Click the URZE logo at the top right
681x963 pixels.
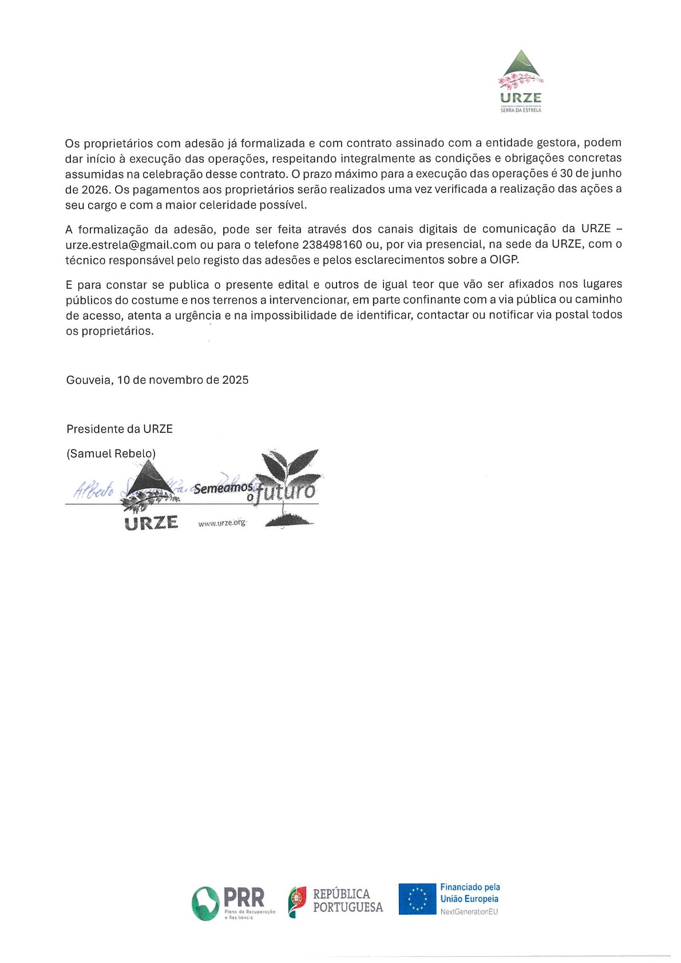[x=520, y=81]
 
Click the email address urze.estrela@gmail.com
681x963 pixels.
[x=131, y=245]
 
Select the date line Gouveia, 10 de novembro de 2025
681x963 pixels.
[x=157, y=380]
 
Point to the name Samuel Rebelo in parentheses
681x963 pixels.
[x=111, y=454]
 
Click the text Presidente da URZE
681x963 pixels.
[x=120, y=429]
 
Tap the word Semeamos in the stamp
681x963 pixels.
[x=223, y=488]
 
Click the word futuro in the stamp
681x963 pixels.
[x=286, y=491]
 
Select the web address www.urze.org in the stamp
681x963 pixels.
[x=222, y=523]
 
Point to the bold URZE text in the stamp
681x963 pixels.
[x=151, y=523]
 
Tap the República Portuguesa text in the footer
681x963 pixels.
[x=347, y=901]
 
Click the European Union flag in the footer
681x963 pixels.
[x=417, y=899]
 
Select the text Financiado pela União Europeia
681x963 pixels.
[x=470, y=893]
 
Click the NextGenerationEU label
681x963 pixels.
[x=469, y=912]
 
